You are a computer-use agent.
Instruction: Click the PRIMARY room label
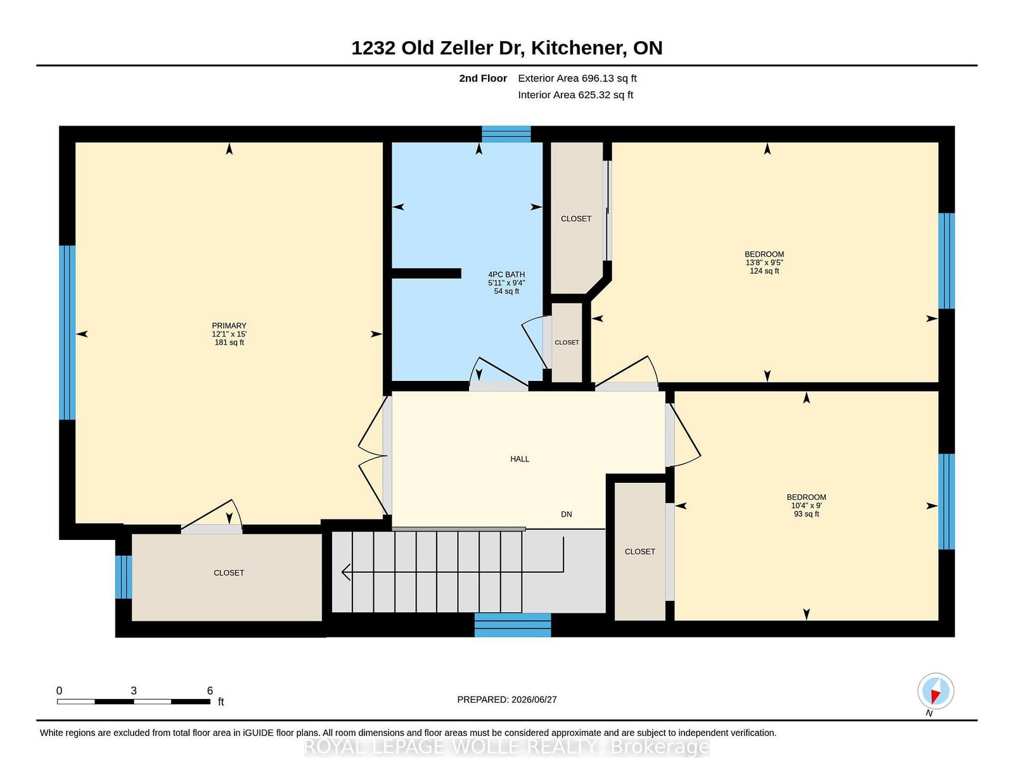[x=229, y=325]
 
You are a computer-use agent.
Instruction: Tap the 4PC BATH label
[x=506, y=274]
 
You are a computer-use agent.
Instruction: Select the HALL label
[x=520, y=459]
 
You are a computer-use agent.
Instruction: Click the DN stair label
[x=566, y=514]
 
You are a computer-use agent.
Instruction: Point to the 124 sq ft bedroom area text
[x=764, y=271]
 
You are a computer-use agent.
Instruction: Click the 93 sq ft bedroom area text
[x=806, y=514]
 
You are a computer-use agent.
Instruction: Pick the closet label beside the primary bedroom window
[x=229, y=572]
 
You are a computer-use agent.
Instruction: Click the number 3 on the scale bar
[x=134, y=691]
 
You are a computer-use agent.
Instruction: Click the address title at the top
[x=507, y=48]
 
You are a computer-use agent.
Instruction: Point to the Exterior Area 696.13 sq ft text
[x=577, y=79]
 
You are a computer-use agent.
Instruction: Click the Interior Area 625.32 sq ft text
[x=575, y=94]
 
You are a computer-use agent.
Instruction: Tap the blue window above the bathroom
[x=506, y=134]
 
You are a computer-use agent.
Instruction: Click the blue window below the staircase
[x=512, y=625]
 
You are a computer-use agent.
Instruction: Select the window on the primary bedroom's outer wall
[x=67, y=333]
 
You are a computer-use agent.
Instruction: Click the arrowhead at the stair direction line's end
[x=346, y=572]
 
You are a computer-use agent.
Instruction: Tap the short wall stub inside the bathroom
[x=426, y=273]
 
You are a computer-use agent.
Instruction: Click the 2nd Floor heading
[x=482, y=79]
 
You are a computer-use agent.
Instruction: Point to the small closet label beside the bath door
[x=567, y=342]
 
